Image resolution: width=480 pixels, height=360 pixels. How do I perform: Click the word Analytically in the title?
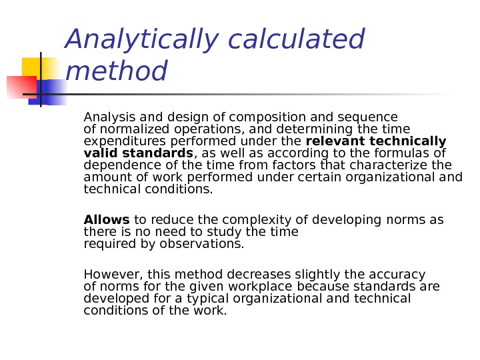coord(141,39)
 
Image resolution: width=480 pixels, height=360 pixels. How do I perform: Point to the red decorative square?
coord(20,87)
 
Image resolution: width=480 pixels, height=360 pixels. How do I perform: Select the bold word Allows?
coord(107,220)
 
